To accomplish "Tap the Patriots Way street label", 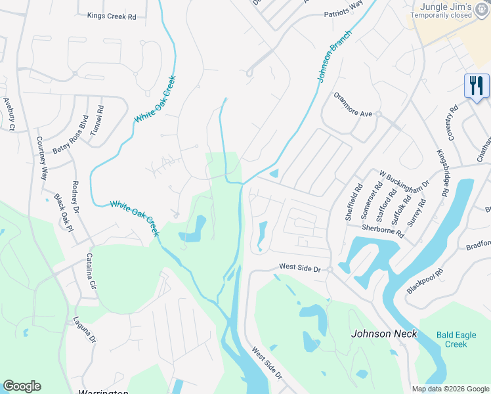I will point(343,12).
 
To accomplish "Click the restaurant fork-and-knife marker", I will point(477,86).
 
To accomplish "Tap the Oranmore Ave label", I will point(353,114).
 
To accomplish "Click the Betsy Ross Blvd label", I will point(70,135).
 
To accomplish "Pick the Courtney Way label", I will point(42,158).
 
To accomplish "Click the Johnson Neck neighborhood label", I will point(384,333).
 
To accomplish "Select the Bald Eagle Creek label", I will point(452,339).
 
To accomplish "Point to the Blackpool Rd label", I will point(425,280).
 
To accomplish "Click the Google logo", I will point(22,386).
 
